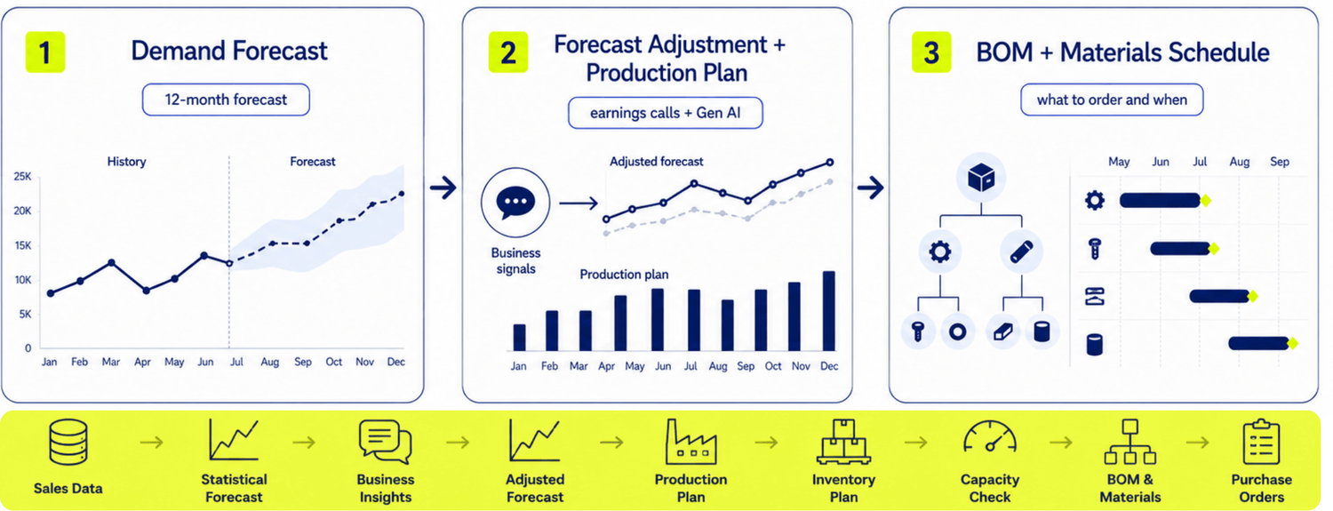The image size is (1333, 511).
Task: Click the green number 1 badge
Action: [x=45, y=52]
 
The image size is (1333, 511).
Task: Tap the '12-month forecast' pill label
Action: [x=226, y=100]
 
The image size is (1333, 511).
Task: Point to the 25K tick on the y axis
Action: [x=22, y=176]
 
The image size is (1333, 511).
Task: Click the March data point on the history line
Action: [x=111, y=262]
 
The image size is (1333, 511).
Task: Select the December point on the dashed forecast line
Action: [x=402, y=194]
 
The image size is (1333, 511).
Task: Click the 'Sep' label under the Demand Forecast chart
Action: [x=303, y=362]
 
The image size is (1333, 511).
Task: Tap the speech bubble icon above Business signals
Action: [x=515, y=203]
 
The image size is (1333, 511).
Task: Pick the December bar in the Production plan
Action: [x=828, y=311]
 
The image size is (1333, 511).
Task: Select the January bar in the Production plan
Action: [x=519, y=338]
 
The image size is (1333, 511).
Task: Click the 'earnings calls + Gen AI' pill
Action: [x=666, y=113]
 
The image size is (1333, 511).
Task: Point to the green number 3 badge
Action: [x=931, y=52]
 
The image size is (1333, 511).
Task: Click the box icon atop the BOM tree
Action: [x=981, y=177]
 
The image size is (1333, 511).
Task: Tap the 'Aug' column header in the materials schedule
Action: [x=1240, y=162]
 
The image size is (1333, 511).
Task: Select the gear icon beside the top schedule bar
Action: [x=1094, y=201]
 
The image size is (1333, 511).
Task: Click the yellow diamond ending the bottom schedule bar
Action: [x=1292, y=343]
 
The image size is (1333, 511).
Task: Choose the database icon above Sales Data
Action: [x=68, y=442]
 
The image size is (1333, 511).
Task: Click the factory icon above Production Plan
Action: [x=690, y=442]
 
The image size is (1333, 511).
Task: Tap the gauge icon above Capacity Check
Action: [x=990, y=437]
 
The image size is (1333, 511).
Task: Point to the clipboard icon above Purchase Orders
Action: [x=1261, y=442]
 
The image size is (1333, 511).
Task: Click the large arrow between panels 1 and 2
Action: [x=443, y=188]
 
